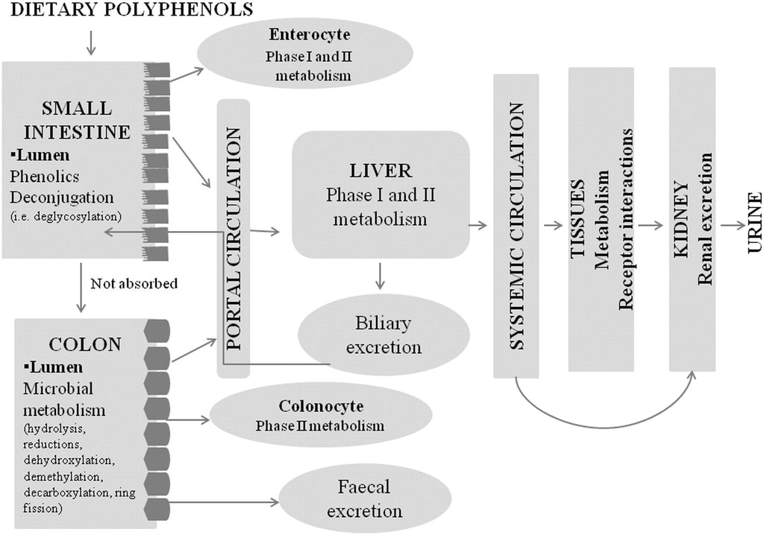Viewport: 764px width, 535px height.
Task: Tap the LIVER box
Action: coord(381,194)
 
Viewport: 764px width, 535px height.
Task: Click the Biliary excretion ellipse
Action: coord(383,335)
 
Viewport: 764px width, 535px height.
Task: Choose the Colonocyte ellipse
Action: coord(321,416)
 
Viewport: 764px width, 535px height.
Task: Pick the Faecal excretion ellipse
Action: coord(365,500)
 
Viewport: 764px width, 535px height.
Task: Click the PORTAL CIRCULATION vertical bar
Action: coord(233,238)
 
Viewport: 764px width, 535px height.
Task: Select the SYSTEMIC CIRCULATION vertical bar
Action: coord(516,224)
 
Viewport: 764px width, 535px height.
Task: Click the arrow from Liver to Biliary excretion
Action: coord(381,275)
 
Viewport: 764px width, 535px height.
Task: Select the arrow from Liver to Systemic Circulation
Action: coord(477,224)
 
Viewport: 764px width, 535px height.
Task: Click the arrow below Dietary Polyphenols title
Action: coord(91,42)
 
